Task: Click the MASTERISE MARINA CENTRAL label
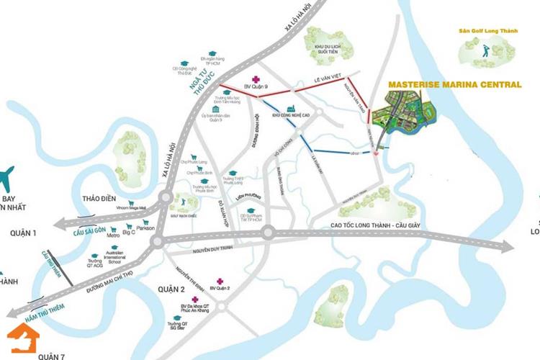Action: point(454,84)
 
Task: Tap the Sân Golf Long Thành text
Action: point(488,31)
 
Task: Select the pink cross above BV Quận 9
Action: point(253,79)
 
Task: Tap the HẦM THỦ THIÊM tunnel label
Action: point(45,308)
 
